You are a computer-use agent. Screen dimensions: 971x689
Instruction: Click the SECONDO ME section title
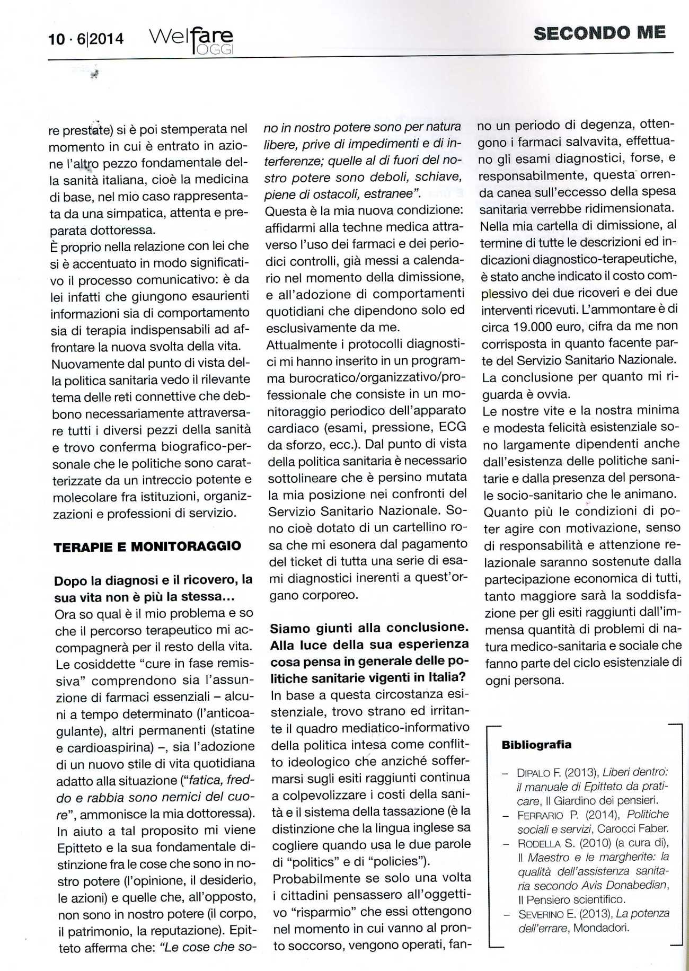click(x=599, y=33)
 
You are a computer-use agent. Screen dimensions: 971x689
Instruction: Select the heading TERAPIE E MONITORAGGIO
click(x=147, y=546)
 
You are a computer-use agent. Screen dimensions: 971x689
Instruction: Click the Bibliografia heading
click(x=536, y=745)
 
